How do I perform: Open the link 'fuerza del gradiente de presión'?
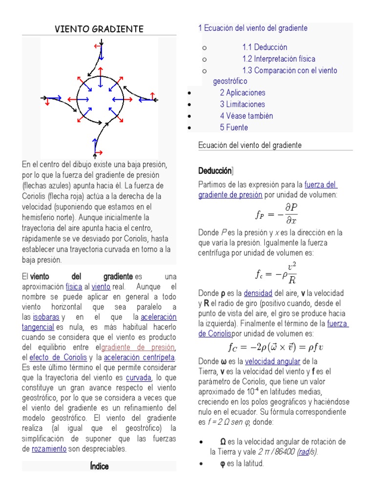pyautogui.click(x=267, y=190)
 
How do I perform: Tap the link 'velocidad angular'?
pyautogui.click(x=272, y=362)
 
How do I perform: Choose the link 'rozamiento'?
pyautogui.click(x=49, y=449)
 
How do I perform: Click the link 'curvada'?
pyautogui.click(x=138, y=378)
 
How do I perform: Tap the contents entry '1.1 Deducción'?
pyautogui.click(x=265, y=47)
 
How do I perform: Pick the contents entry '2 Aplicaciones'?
pyautogui.click(x=242, y=93)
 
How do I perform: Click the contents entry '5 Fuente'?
pyautogui.click(x=234, y=128)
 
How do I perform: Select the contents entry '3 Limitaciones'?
pyautogui.click(x=242, y=104)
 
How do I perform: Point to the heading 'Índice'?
pyautogui.click(x=99, y=466)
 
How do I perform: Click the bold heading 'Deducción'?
pyautogui.click(x=215, y=171)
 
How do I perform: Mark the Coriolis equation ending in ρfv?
pyautogui.click(x=276, y=348)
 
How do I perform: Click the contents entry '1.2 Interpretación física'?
pyautogui.click(x=279, y=59)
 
